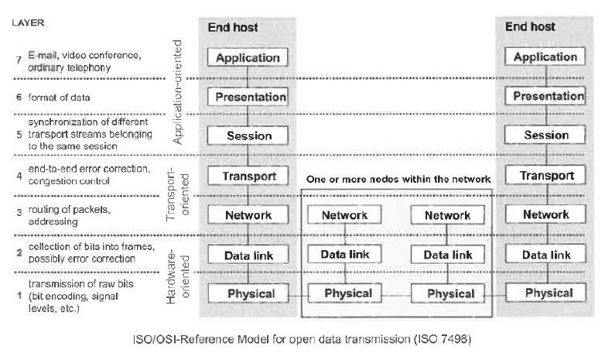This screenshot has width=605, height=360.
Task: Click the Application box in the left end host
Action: tap(248, 58)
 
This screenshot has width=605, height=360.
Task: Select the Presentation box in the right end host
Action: tap(545, 97)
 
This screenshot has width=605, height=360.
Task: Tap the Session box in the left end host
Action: tap(248, 136)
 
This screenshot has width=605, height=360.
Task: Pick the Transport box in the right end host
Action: tap(545, 176)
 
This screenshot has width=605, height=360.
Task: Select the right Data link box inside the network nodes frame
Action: tap(442, 254)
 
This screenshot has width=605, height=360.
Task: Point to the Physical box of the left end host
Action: tap(248, 293)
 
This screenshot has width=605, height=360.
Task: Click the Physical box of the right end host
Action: tap(545, 293)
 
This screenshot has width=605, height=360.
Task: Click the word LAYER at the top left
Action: tap(29, 23)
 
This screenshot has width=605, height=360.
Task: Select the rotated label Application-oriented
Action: tap(178, 94)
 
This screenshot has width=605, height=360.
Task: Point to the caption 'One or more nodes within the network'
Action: tap(398, 179)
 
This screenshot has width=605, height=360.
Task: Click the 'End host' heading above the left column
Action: tap(232, 28)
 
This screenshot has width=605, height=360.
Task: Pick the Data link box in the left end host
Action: tap(248, 254)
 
